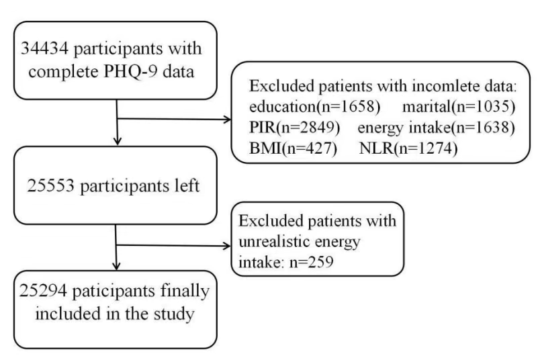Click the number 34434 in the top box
point(45,48)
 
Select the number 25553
point(50,185)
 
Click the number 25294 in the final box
point(43,291)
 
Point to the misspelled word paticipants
point(114,291)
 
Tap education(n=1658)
point(315,107)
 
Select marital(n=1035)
point(459,107)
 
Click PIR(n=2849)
point(294,128)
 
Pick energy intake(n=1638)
point(437,128)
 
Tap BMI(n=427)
point(293,148)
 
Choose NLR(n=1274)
point(408,148)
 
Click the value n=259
point(312,262)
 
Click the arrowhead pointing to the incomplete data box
point(227,120)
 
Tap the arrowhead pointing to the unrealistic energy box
point(227,246)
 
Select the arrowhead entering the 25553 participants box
point(118,141)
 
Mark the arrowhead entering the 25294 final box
point(116,265)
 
